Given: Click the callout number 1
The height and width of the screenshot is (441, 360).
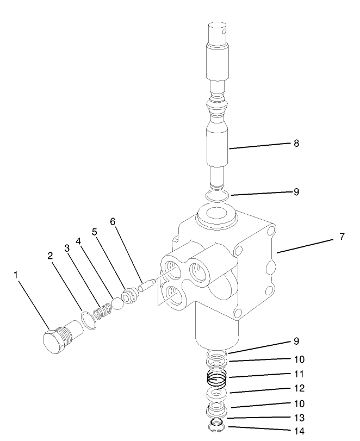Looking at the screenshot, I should click(x=16, y=275).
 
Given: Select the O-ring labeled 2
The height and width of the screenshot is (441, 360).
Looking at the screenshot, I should click(x=90, y=319).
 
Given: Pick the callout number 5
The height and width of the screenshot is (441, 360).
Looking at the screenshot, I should click(x=94, y=231).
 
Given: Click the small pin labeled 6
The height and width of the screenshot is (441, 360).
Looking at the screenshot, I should click(x=146, y=287).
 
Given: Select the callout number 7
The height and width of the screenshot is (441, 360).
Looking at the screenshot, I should click(x=342, y=237).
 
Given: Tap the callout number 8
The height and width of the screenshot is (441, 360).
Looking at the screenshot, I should click(x=296, y=144).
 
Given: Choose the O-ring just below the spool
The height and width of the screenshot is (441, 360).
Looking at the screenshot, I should click(x=218, y=195).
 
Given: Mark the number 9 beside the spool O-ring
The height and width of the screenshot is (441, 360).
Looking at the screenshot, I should click(x=296, y=192).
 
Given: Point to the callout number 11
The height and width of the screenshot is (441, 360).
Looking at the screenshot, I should click(x=299, y=374).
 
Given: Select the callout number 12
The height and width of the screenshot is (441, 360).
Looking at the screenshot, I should click(x=299, y=389).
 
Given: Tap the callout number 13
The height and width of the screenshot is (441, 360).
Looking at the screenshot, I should click(x=299, y=418).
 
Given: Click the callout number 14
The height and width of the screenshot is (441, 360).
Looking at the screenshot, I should click(x=299, y=432).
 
